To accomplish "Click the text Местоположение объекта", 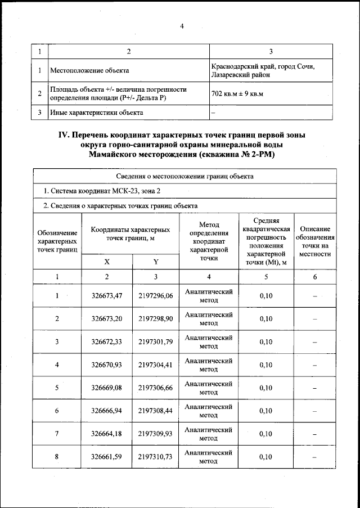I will pos(89,71).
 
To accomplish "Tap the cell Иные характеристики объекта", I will pos(96,113).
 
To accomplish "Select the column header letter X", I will pos(107,262).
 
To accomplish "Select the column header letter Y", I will pos(155,262).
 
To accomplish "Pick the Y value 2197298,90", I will pos(156,319).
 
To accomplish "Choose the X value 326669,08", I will pos(107,388).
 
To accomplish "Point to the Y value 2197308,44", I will pos(156,411).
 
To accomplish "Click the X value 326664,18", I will pos(107,434).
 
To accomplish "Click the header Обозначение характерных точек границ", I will pos(57,241).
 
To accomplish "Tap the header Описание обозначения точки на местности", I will pos(314,241).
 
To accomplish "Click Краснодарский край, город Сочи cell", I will pos(263,70).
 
